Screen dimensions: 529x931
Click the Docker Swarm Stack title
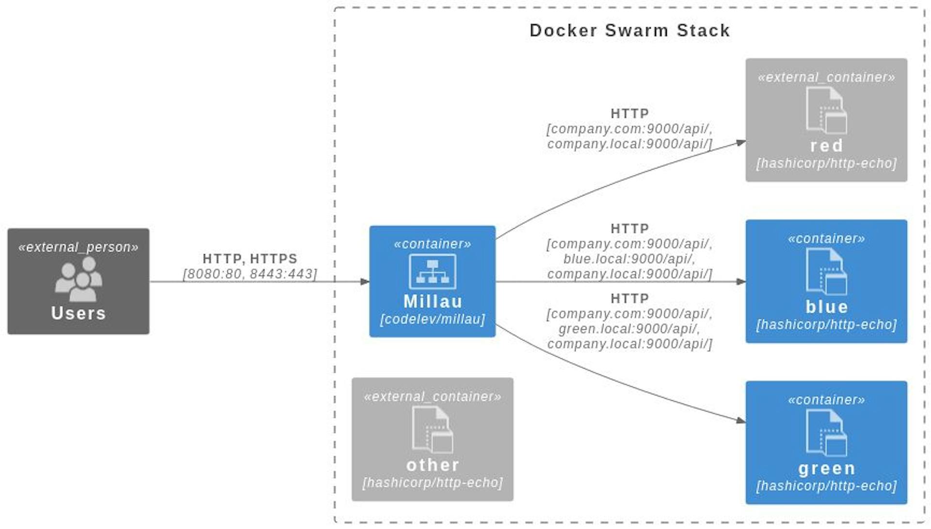pos(629,31)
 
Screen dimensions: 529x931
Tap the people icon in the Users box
pos(79,279)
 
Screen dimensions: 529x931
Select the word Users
pos(79,313)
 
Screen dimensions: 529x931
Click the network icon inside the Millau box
pos(432,272)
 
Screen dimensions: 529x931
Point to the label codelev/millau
pos(432,319)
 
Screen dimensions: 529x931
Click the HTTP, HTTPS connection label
pos(250,259)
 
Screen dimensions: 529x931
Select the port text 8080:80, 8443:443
pos(250,274)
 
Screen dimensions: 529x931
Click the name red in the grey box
pos(826,146)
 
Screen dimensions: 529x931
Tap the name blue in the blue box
pos(826,307)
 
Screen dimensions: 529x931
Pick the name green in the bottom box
pos(826,468)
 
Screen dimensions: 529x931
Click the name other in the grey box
pos(432,465)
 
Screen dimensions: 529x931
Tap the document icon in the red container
pos(826,110)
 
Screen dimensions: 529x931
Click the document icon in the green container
pos(826,433)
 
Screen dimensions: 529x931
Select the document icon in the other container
pos(432,429)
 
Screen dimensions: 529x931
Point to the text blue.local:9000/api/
pos(629,259)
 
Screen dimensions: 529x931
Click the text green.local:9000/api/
pos(629,329)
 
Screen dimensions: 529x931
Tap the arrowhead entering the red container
pos(740,142)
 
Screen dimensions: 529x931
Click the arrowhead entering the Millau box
pos(365,281)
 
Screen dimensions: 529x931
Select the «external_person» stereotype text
pos(79,248)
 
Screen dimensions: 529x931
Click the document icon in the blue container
pos(826,271)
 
